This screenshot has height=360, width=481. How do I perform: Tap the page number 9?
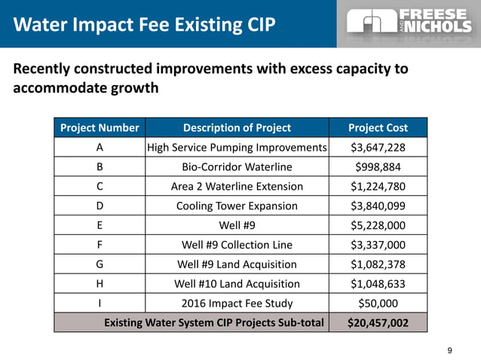pos(450,349)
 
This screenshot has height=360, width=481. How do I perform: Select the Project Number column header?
pos(100,127)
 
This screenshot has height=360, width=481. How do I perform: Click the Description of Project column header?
pos(237,127)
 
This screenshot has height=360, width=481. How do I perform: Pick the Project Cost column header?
pos(378,127)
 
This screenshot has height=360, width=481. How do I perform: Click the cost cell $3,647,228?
pos(378,147)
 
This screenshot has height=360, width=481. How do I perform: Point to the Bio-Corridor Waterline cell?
pos(237,166)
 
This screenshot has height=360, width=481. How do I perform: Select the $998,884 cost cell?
pos(378,166)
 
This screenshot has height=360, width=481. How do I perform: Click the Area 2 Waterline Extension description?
pos(237,186)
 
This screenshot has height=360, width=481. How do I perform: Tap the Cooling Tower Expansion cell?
pos(237,206)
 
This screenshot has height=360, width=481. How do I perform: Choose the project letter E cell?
pos(100,225)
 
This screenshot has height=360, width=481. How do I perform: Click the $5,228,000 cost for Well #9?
pos(378,225)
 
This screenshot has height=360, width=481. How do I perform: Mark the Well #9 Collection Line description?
pos(237,245)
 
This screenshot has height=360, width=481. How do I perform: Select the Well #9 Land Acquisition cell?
pos(237,264)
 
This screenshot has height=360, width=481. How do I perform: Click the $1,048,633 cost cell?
pos(378,284)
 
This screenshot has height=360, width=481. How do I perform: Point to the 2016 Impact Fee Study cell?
pos(237,304)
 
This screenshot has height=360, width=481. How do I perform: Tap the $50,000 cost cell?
pos(378,304)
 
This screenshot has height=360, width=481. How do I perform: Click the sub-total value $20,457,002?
pos(378,323)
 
